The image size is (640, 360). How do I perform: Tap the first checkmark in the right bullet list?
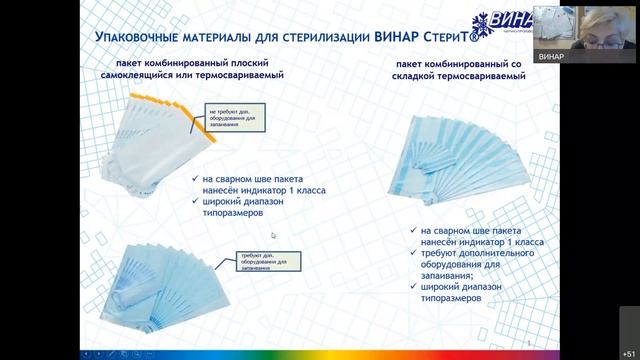413,230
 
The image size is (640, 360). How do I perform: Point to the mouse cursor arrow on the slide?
273,236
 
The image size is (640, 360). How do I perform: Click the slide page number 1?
526,341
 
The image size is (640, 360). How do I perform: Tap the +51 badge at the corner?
627,351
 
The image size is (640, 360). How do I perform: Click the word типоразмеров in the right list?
451,298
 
